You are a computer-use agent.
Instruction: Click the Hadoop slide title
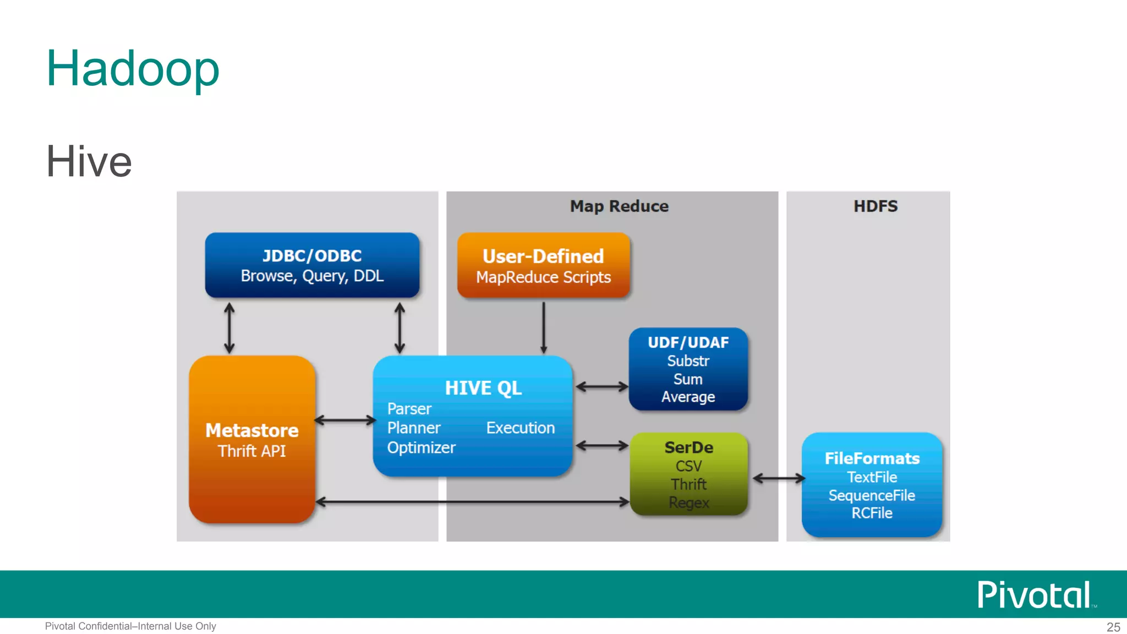tap(133, 69)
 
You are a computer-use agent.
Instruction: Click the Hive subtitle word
tap(89, 161)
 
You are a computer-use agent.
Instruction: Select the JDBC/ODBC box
tap(312, 265)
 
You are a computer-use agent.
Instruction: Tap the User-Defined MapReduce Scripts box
tap(543, 266)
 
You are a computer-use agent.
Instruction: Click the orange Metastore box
tap(252, 439)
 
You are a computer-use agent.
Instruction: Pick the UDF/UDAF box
tap(688, 369)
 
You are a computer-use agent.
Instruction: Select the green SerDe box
tap(688, 474)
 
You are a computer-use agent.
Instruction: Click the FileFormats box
tap(872, 485)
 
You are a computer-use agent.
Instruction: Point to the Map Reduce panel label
tap(619, 206)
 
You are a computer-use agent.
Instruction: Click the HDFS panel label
tap(875, 206)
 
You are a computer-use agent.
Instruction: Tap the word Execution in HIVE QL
tap(520, 428)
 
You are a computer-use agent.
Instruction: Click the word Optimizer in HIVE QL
tap(421, 448)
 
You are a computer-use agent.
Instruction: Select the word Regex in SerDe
tap(688, 502)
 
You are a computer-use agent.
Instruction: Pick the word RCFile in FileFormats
tap(872, 513)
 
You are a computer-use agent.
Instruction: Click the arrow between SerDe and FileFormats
tap(778, 479)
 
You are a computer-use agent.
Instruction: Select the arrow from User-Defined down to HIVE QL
tap(543, 327)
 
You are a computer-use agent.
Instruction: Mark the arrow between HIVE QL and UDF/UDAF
tap(601, 387)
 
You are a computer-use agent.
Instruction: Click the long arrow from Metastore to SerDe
tap(473, 501)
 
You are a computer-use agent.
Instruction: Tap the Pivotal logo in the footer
tap(1035, 594)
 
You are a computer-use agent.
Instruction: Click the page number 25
tap(1113, 627)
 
